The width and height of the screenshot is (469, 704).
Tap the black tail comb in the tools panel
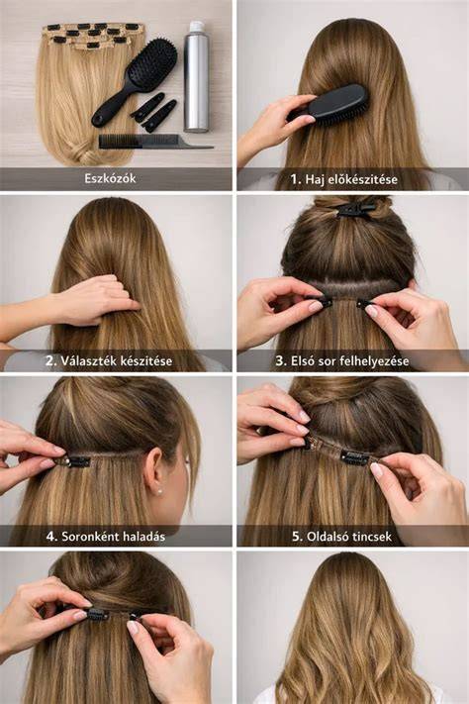154,142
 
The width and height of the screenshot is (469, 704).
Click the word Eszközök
110,178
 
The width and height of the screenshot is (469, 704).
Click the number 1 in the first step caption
295,179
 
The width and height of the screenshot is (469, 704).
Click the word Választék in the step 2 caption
83,361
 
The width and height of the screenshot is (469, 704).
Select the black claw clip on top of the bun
355,209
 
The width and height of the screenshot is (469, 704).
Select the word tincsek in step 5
369,537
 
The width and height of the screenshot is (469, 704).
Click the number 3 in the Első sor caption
280,361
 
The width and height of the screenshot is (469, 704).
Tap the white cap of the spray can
197,27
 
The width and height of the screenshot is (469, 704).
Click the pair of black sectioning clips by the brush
154,112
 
